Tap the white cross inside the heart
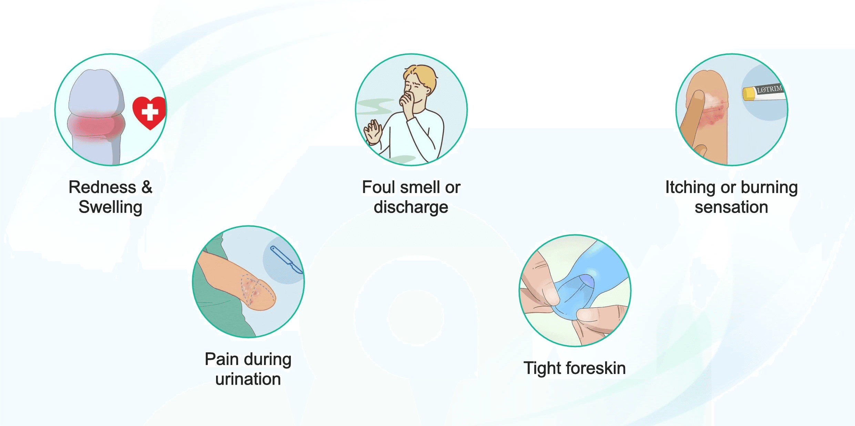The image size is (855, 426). click(150, 112)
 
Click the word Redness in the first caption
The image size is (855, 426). click(102, 187)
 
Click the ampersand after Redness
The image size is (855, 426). click(147, 187)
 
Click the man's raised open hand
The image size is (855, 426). click(372, 132)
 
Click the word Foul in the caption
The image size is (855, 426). click(378, 187)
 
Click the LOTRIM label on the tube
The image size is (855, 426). click(769, 90)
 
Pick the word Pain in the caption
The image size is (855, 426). click(222, 359)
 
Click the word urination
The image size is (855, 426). click(248, 379)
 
